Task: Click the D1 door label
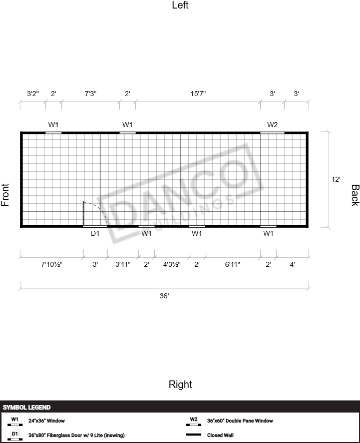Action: click(x=95, y=233)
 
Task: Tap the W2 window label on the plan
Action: click(x=272, y=125)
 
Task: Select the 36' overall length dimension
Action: click(x=164, y=296)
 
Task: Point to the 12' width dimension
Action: click(x=335, y=179)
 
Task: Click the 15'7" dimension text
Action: click(x=198, y=94)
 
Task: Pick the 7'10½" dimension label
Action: click(x=52, y=264)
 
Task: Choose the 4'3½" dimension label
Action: click(x=172, y=264)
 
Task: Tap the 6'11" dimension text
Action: click(x=232, y=264)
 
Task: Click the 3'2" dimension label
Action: click(x=33, y=94)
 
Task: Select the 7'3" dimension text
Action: click(x=91, y=94)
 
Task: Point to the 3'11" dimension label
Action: click(x=123, y=264)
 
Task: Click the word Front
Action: click(x=5, y=195)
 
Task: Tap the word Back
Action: click(x=355, y=195)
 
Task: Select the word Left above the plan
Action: click(x=180, y=5)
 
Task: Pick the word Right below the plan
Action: click(x=180, y=384)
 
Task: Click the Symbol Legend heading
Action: click(x=27, y=407)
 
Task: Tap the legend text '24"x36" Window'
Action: click(x=47, y=420)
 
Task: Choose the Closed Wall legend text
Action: click(x=220, y=435)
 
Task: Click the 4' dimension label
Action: click(x=292, y=264)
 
